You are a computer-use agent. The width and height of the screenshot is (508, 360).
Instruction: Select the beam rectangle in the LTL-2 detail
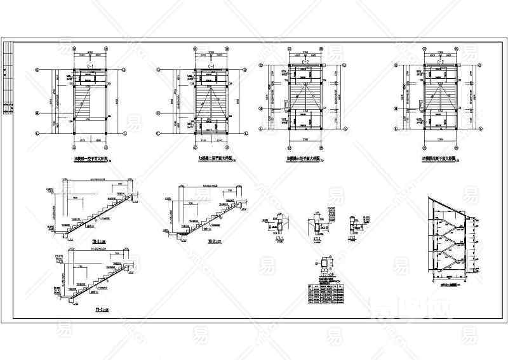314,225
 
